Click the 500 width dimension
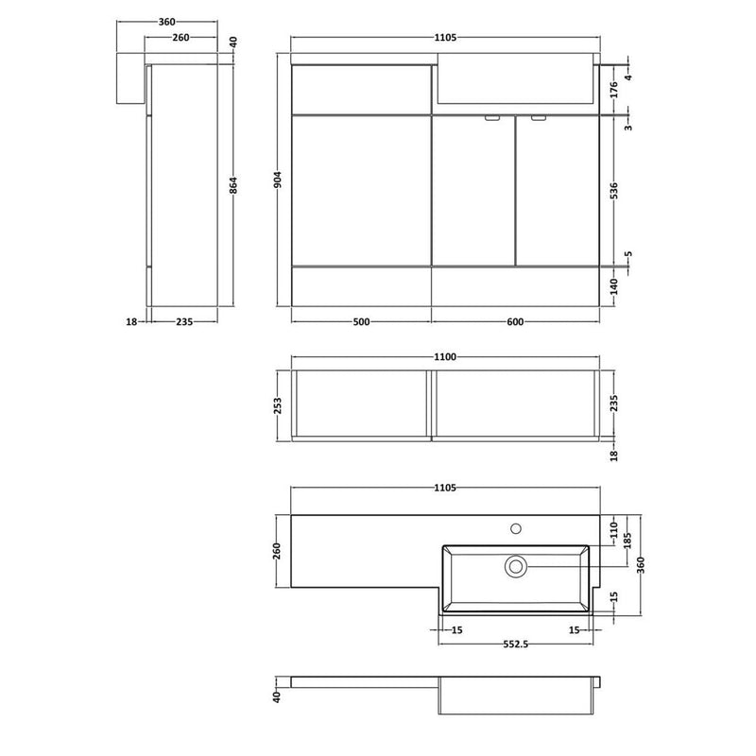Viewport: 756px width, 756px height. point(361,322)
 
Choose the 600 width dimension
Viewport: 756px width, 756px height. point(515,322)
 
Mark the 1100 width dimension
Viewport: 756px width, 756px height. point(445,357)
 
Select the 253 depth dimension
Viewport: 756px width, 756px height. point(277,404)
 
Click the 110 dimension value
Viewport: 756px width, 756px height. point(612,525)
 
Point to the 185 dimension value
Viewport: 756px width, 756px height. point(627,542)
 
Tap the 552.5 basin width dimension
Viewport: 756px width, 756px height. point(515,645)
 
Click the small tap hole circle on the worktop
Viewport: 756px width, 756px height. point(516,527)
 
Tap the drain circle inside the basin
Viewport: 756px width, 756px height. point(516,565)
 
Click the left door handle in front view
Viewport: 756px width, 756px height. point(491,119)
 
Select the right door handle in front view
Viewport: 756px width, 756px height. point(538,119)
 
